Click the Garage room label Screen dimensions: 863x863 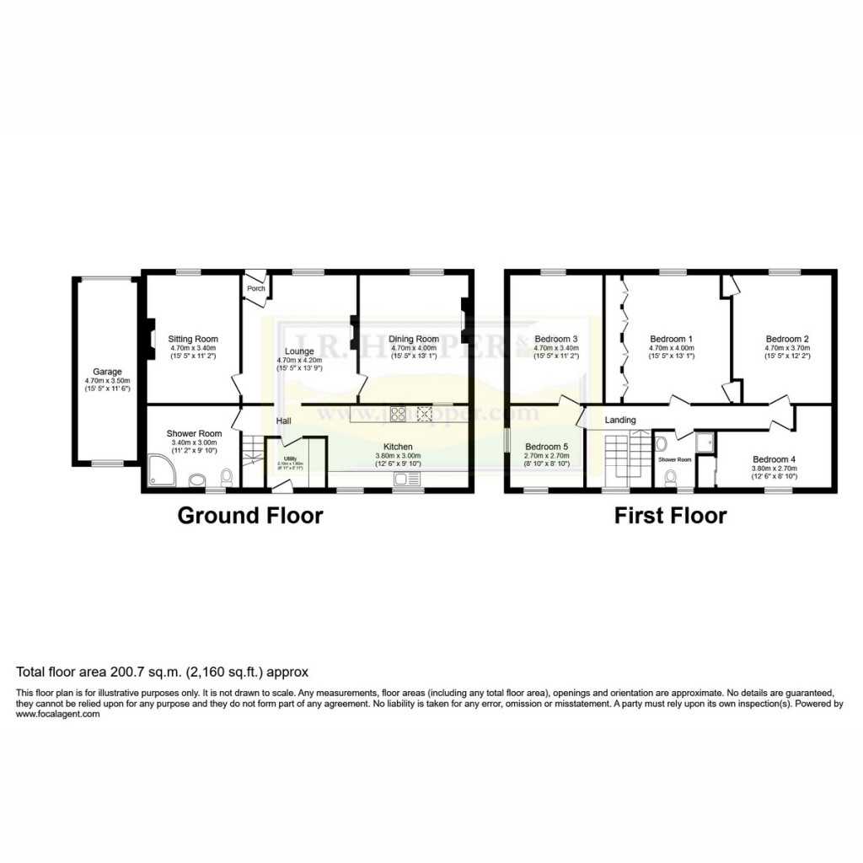[x=108, y=372]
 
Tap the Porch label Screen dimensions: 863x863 [x=255, y=289]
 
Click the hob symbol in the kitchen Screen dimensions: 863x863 [x=398, y=413]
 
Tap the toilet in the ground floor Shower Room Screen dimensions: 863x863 [x=225, y=478]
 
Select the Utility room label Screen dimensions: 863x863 [x=290, y=458]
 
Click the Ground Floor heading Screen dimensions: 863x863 [x=249, y=516]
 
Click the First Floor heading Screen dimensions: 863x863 [x=670, y=516]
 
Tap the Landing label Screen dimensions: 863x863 [x=619, y=420]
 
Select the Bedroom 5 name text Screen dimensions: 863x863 [x=547, y=447]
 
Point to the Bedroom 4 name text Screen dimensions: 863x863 [x=774, y=459]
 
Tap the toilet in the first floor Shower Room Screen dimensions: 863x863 [x=671, y=478]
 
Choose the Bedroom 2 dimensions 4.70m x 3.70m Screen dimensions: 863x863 [x=787, y=348]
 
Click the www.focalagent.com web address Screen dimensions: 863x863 [x=58, y=714]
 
